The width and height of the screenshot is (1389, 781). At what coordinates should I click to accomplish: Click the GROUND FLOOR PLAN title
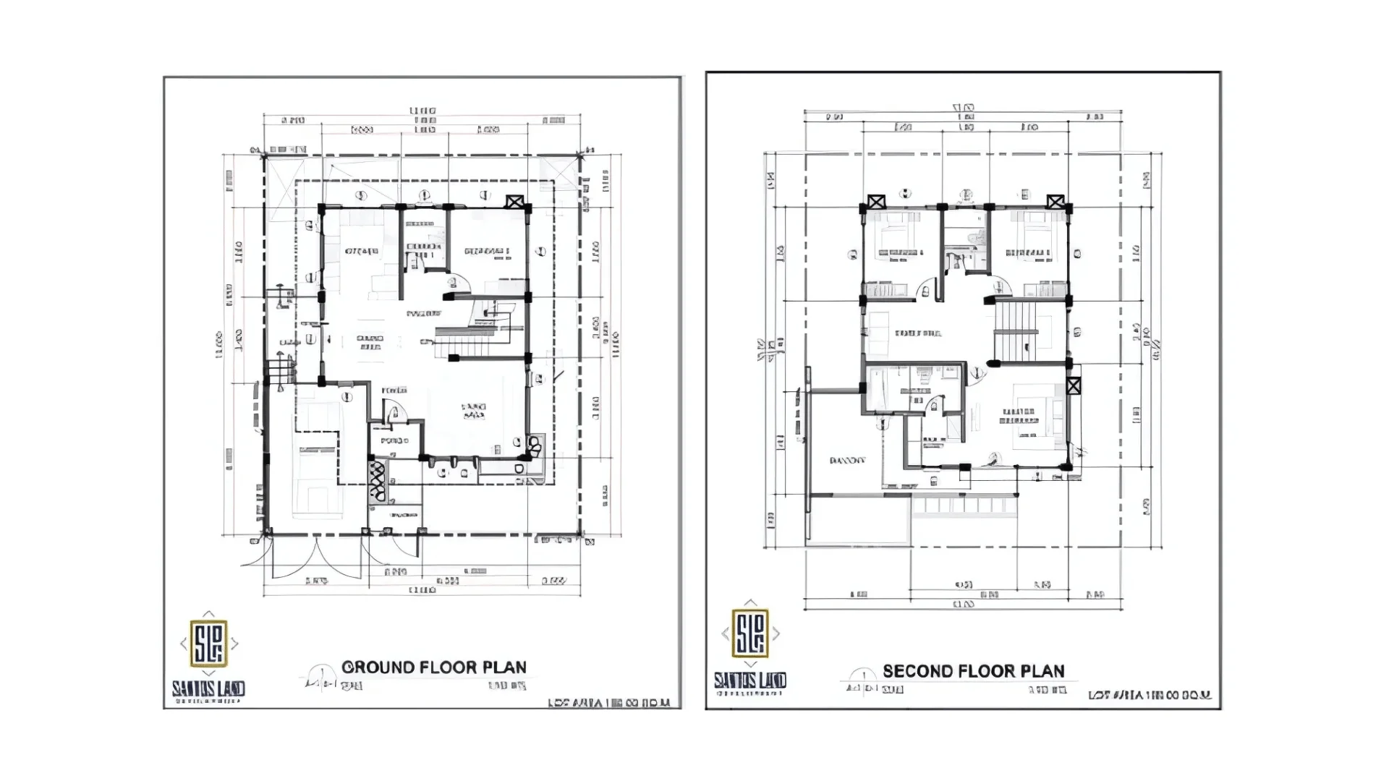(x=433, y=667)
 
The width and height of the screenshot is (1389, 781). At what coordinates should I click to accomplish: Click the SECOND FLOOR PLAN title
(x=973, y=671)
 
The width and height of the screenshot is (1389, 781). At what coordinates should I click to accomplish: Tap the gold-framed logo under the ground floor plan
(x=208, y=643)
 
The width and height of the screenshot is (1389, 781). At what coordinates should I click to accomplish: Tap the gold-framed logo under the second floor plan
(x=750, y=633)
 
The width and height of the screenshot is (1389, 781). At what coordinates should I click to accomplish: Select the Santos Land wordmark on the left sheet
(x=208, y=689)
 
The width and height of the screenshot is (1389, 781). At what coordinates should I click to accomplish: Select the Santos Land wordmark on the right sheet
(x=750, y=680)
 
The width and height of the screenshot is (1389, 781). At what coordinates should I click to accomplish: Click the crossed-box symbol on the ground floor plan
(x=514, y=202)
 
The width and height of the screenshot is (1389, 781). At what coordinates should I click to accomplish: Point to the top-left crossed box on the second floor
(x=876, y=202)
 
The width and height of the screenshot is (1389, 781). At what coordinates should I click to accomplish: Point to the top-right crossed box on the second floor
(x=1055, y=202)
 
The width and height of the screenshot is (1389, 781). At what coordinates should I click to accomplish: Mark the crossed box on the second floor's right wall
(x=1074, y=385)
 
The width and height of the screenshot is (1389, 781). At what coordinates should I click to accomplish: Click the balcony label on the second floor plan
(x=847, y=461)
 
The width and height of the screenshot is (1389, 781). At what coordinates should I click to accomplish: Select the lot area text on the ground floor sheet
(x=609, y=702)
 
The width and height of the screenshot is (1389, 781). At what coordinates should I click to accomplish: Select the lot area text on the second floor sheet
(x=1150, y=695)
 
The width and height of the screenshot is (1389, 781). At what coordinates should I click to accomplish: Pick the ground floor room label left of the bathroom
(x=361, y=252)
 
